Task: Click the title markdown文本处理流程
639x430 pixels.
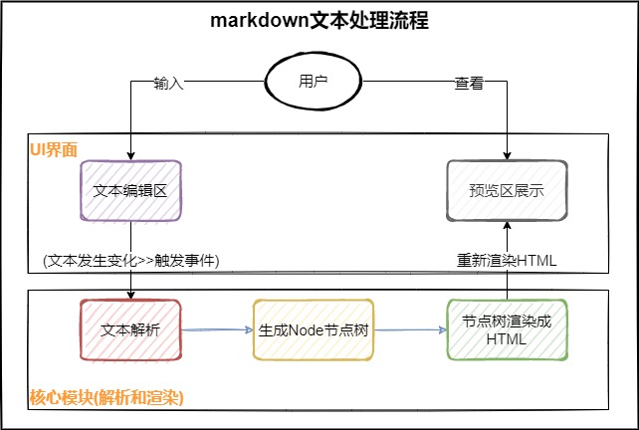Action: click(319, 22)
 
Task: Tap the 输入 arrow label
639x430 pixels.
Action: click(169, 84)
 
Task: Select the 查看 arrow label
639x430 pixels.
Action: click(469, 84)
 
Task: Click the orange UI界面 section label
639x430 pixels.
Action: click(54, 149)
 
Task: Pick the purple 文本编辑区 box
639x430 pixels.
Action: click(130, 190)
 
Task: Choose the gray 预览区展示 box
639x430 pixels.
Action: click(508, 190)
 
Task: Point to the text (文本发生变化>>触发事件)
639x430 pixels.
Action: click(130, 260)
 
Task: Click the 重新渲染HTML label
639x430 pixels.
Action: click(507, 260)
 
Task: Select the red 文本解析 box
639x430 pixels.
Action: click(130, 328)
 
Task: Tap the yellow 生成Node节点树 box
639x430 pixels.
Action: click(314, 328)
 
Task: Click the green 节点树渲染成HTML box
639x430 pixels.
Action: click(507, 328)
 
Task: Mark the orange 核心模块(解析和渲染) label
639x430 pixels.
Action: click(106, 398)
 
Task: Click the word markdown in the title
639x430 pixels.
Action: click(255, 22)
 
